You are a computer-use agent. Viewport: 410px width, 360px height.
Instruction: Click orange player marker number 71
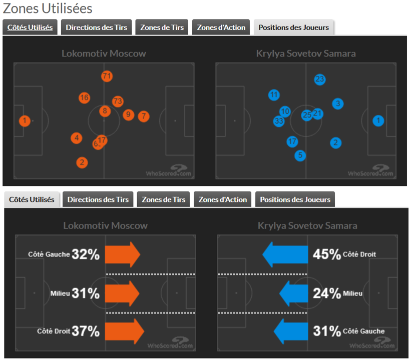pos(106,76)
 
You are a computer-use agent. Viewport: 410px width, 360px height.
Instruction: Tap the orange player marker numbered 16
pos(84,98)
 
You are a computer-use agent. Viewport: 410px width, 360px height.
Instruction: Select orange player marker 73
pos(118,101)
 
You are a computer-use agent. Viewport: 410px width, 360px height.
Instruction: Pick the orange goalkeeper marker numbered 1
pos(24,120)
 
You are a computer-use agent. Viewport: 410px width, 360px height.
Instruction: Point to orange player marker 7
pos(144,116)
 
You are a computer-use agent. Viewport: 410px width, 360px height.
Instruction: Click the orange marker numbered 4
pos(76,138)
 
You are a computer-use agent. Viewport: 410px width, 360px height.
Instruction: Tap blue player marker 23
pos(320,79)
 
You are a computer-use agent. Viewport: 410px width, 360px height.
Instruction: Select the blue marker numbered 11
pos(274,95)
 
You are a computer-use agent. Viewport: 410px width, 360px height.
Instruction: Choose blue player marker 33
pos(279,121)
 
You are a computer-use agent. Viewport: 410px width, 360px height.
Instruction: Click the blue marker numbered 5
pos(300,155)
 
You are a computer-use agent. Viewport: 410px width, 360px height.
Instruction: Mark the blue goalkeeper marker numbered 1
pos(378,120)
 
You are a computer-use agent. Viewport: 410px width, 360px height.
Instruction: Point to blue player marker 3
pos(338,104)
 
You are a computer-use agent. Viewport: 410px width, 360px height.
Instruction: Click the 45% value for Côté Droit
pos(326,254)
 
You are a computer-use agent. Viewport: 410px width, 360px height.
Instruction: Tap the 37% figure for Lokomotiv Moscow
pos(86,331)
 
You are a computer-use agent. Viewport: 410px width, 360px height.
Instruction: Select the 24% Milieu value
pos(326,293)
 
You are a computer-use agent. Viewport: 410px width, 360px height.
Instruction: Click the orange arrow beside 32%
pos(122,254)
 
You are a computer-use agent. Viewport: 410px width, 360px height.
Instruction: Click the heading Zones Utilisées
pos(48,8)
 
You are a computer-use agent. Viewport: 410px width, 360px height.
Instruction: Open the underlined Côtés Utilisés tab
pos(30,27)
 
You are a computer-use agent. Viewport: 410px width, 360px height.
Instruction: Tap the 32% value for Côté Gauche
pos(86,254)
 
